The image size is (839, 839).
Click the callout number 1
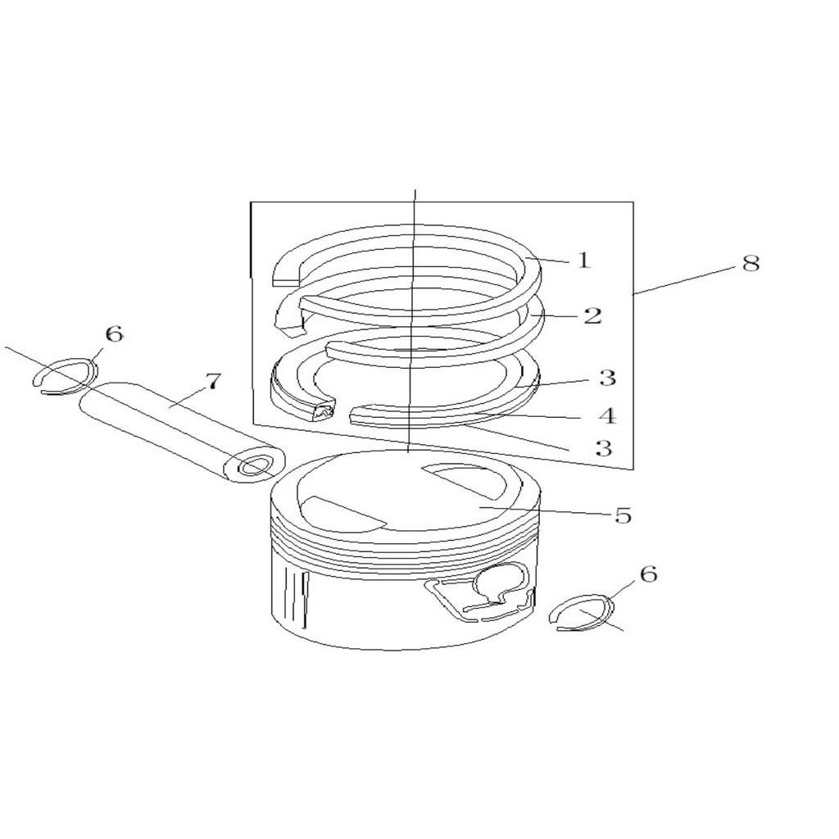point(583,260)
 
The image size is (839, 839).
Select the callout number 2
point(593,315)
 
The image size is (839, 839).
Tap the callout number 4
point(607,415)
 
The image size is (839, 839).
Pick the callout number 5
point(623,515)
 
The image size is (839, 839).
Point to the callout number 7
point(212,381)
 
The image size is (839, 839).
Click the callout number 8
point(751,263)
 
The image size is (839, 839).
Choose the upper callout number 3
point(607,378)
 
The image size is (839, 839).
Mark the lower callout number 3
point(604,447)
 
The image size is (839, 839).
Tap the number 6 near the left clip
point(114,334)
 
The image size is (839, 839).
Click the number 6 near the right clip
point(648,574)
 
